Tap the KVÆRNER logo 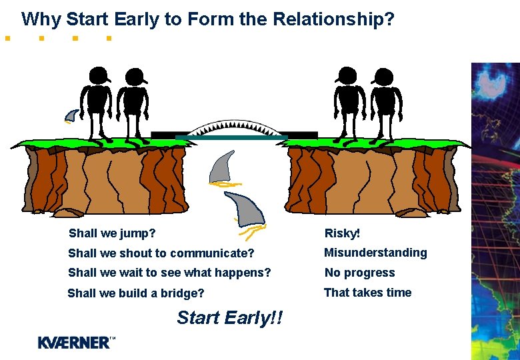75,343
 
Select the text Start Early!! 229,318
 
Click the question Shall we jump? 112,233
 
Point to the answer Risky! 342,233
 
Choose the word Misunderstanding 375,253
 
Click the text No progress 359,273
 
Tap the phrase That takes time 367,293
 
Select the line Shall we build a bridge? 136,293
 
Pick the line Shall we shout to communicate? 161,253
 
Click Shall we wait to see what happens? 169,273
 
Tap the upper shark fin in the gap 222,167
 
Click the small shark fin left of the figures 71,115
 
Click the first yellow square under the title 7,39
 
